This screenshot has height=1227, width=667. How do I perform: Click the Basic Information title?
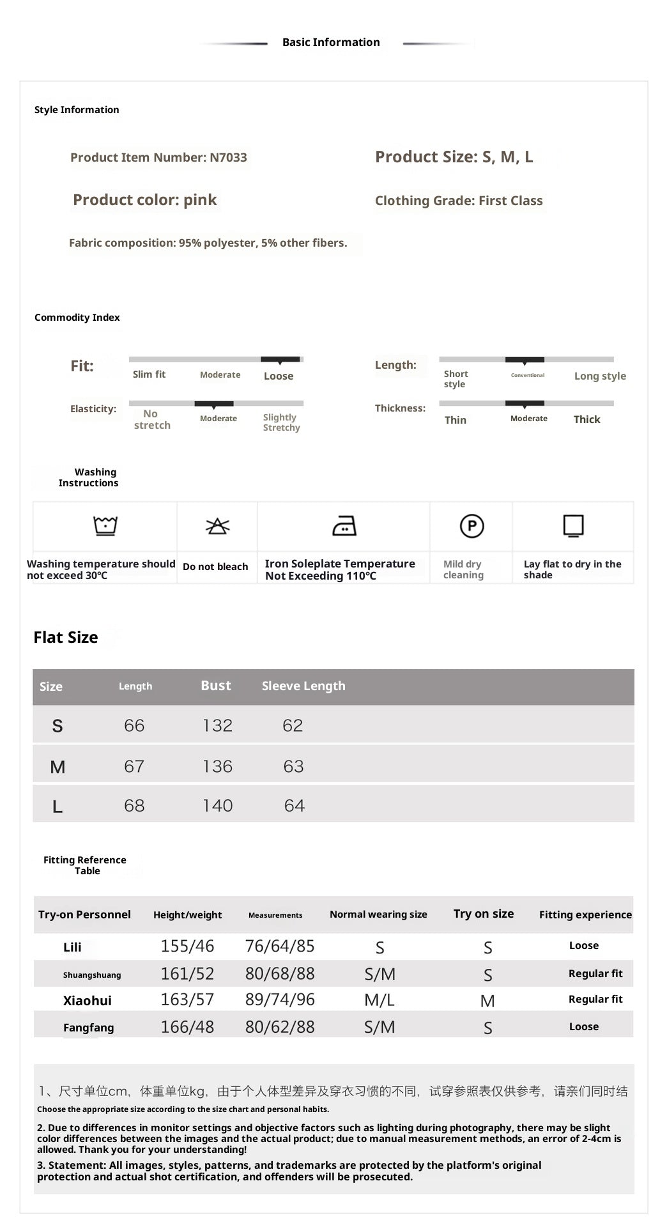click(x=331, y=42)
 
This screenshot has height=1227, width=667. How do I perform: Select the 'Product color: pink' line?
click(x=145, y=200)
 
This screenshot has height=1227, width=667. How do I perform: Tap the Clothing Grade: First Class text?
click(x=459, y=201)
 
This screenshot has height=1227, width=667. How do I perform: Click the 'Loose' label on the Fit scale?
click(x=279, y=376)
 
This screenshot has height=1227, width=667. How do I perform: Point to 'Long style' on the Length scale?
click(x=600, y=376)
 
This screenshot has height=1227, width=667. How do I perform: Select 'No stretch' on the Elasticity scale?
click(x=152, y=419)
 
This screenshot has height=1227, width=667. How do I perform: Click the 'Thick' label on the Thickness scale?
click(x=586, y=419)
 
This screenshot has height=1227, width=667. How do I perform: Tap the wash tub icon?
click(x=105, y=525)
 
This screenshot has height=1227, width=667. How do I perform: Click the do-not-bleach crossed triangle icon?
click(x=217, y=526)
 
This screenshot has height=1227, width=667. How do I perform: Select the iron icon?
click(x=344, y=526)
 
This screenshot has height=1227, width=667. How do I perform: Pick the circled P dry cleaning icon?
click(x=472, y=526)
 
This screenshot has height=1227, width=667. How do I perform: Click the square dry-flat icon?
click(x=573, y=525)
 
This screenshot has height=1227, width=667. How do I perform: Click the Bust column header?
click(x=216, y=686)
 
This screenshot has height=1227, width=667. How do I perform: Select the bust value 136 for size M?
click(x=217, y=766)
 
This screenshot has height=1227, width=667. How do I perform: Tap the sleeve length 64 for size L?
click(x=295, y=806)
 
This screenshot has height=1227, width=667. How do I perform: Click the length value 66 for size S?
click(x=134, y=725)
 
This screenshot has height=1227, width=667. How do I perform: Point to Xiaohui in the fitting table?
click(x=87, y=1001)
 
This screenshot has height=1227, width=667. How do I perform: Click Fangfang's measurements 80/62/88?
click(x=280, y=1027)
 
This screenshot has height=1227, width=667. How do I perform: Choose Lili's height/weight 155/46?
click(x=187, y=946)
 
